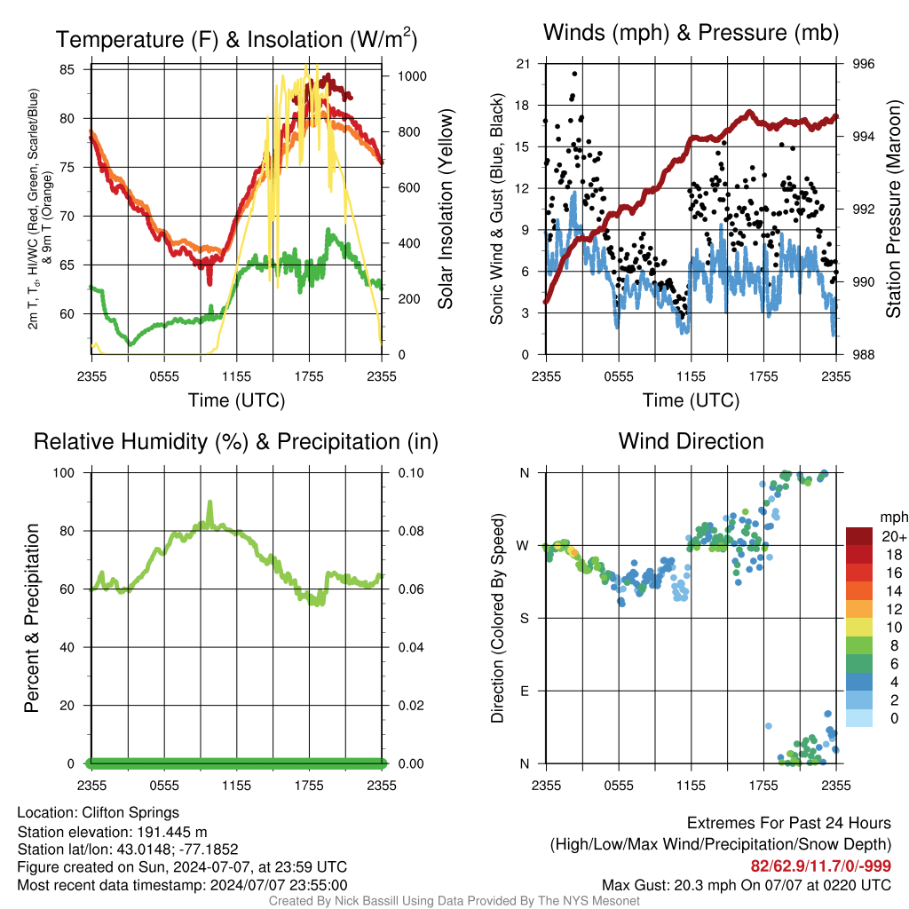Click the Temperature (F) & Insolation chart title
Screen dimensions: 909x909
(x=236, y=39)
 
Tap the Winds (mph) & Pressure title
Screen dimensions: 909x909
(x=691, y=33)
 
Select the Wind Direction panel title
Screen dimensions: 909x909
(x=691, y=441)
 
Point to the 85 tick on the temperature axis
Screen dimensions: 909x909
(x=67, y=69)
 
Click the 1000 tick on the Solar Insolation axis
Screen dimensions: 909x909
(x=412, y=76)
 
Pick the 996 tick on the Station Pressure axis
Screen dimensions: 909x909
(x=863, y=64)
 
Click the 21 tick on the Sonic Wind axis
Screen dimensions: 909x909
(x=523, y=64)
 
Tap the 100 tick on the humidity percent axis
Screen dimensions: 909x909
(x=64, y=473)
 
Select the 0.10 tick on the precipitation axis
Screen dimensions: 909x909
(x=411, y=473)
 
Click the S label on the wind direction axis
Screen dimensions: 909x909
(x=525, y=619)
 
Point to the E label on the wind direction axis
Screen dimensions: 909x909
(x=525, y=691)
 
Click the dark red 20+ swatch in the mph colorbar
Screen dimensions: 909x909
(x=859, y=536)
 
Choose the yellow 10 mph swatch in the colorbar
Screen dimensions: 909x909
(x=859, y=628)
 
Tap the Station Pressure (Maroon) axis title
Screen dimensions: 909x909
(x=893, y=209)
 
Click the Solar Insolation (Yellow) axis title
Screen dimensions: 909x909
(x=446, y=209)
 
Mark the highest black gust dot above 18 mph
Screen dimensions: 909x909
(x=574, y=74)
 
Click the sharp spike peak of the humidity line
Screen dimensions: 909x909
(x=209, y=502)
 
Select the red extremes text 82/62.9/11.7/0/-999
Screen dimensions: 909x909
(x=821, y=866)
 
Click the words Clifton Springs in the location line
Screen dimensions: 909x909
(x=130, y=813)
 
